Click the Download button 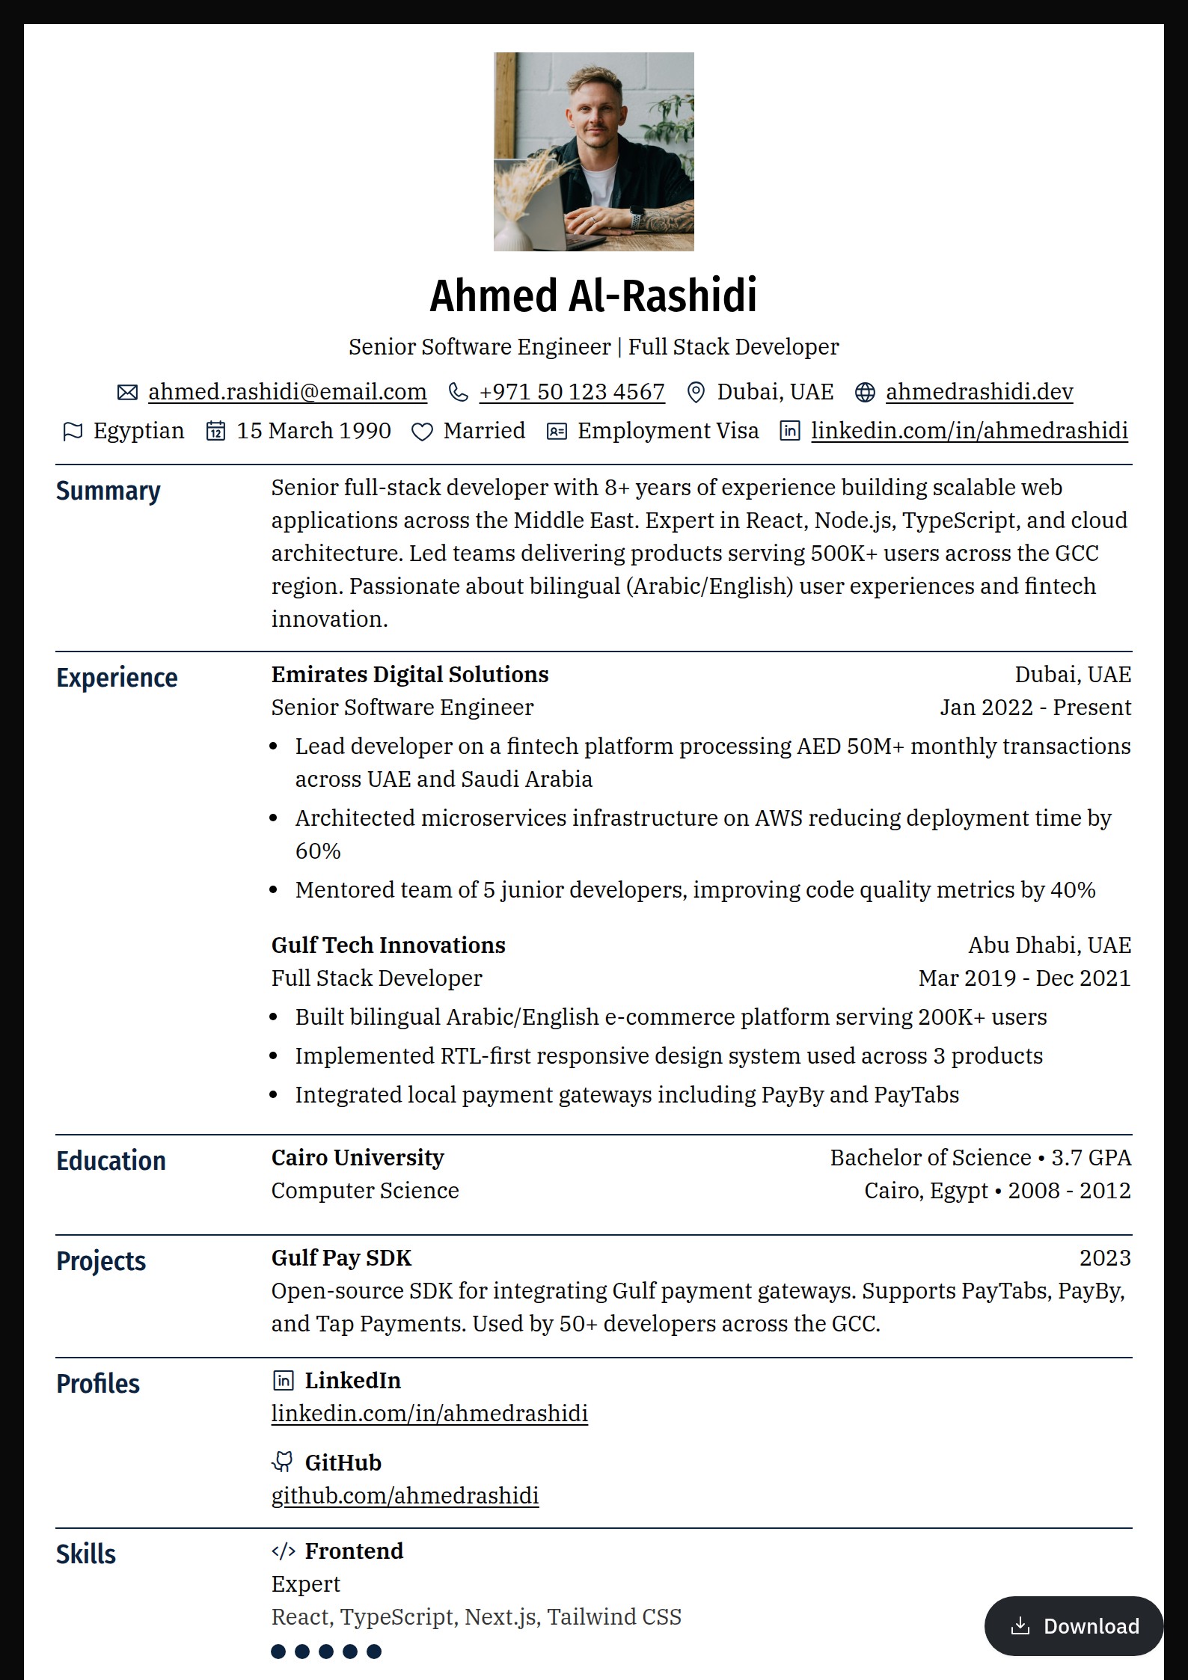click(1074, 1625)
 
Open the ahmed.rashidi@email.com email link click(287, 392)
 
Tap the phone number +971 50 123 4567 click(572, 392)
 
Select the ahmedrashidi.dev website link click(979, 392)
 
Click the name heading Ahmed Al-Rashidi click(593, 295)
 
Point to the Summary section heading click(108, 491)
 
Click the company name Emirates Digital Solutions click(410, 675)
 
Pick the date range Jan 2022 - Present click(1035, 708)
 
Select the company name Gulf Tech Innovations click(388, 945)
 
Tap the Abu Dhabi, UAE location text click(1049, 945)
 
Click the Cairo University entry click(358, 1158)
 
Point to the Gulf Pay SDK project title click(341, 1258)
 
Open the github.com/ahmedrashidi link click(405, 1495)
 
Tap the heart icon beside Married click(422, 432)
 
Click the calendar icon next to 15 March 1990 click(215, 431)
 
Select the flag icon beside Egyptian click(73, 432)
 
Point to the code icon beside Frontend click(283, 1551)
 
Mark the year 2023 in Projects click(1104, 1258)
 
